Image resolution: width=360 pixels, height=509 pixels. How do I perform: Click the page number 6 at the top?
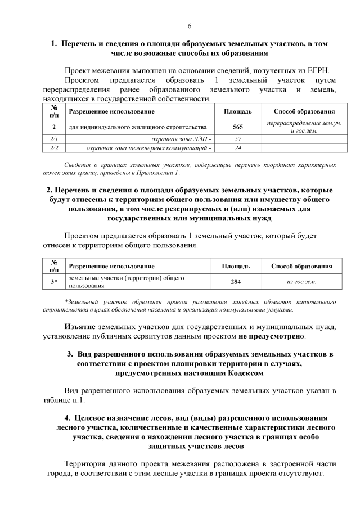coord(190,26)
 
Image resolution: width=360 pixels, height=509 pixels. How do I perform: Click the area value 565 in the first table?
coord(237,127)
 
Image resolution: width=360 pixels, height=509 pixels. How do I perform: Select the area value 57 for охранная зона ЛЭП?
coord(237,139)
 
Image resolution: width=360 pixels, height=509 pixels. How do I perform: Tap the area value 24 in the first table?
coord(237,148)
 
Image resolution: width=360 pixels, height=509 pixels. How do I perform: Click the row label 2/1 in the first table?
coord(54,139)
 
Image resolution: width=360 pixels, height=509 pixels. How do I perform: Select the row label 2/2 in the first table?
coord(54,148)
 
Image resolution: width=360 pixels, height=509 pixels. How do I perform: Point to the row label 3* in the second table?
coord(54,281)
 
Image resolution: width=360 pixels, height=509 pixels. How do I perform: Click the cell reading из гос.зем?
coord(301,281)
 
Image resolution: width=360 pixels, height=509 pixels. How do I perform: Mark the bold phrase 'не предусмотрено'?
coord(271,336)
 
